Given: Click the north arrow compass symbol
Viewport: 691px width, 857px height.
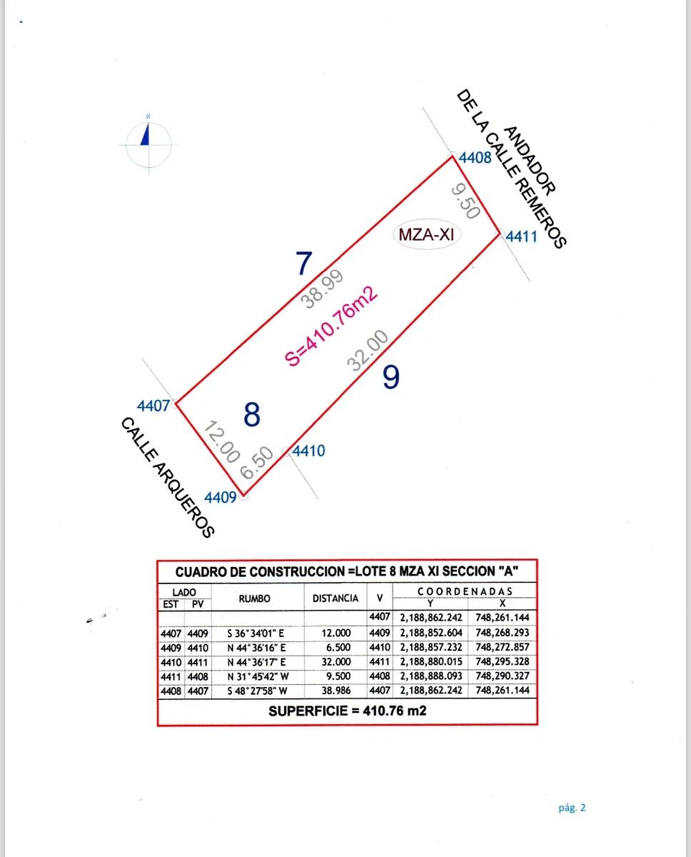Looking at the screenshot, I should pyautogui.click(x=147, y=143).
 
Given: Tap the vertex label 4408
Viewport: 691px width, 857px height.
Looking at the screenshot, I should pyautogui.click(x=475, y=158).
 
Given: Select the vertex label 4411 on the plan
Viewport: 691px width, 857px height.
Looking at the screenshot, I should pyautogui.click(x=521, y=236).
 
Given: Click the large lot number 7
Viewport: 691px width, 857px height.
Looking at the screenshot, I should pyautogui.click(x=305, y=264).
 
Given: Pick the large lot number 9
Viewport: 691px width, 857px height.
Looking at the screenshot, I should pyautogui.click(x=390, y=377).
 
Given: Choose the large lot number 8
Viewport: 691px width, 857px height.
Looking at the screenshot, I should pyautogui.click(x=251, y=415).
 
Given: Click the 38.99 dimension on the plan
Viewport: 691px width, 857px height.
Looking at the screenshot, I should pyautogui.click(x=323, y=289).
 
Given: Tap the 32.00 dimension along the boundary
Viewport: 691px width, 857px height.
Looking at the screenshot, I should pyautogui.click(x=368, y=351).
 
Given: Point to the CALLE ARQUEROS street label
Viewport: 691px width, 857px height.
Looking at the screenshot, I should pyautogui.click(x=167, y=477).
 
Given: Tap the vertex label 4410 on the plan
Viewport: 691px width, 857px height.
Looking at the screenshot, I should pyautogui.click(x=309, y=451).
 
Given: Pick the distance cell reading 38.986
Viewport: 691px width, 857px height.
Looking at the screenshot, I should pyautogui.click(x=336, y=691).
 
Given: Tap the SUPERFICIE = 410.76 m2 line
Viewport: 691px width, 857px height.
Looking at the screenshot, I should pyautogui.click(x=347, y=711).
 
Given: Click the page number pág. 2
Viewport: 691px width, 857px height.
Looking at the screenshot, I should pyautogui.click(x=572, y=808).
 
